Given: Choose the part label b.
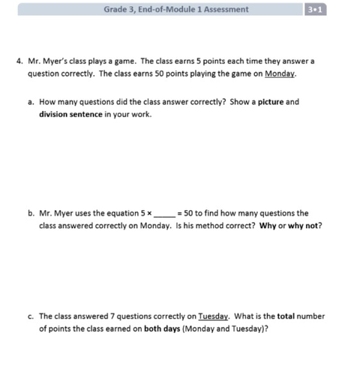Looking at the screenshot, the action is pyautogui.click(x=31, y=213).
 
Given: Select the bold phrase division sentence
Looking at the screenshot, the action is pyautogui.click(x=70, y=114).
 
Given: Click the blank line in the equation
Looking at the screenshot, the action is pyautogui.click(x=164, y=214).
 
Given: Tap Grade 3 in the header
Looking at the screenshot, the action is pyautogui.click(x=121, y=10).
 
